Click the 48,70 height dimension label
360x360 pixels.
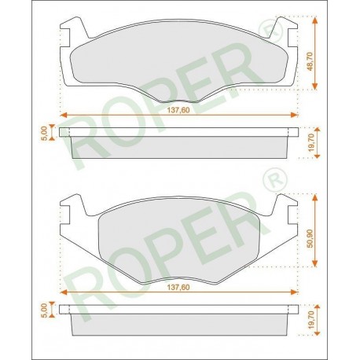(310, 61)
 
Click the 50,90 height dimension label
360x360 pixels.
(310, 238)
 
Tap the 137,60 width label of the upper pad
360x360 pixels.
(178, 110)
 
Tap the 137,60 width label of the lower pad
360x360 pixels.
(178, 288)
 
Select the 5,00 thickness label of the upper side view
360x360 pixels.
(45, 133)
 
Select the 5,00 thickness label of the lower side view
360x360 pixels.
(45, 310)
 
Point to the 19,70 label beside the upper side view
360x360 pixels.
(311, 143)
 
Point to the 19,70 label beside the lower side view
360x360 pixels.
(311, 320)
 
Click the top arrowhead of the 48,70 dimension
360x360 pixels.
(315, 20)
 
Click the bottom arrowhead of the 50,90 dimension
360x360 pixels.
(315, 263)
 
